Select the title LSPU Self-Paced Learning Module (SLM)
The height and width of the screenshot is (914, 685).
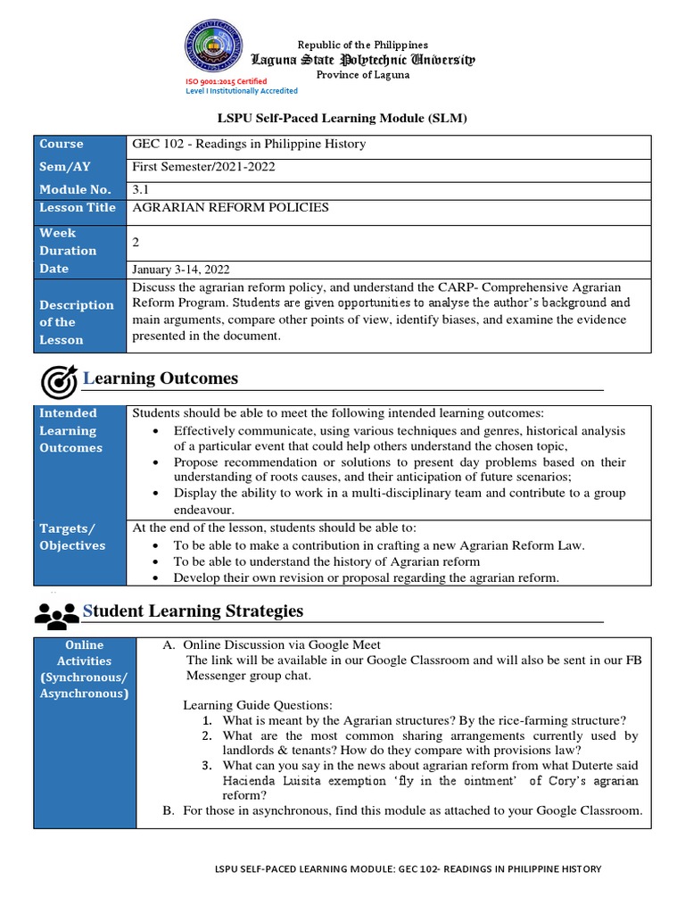[343, 118]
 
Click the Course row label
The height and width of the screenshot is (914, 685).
[62, 144]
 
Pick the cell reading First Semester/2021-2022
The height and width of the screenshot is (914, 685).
[204, 167]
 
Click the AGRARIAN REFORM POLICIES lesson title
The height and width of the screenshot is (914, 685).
[230, 208]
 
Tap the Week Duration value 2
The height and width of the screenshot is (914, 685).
[136, 242]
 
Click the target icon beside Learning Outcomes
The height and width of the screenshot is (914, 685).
[60, 381]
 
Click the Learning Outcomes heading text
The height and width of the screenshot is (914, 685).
[161, 378]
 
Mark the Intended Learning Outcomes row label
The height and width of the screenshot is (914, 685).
[70, 430]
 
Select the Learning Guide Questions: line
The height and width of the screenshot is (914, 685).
[257, 705]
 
